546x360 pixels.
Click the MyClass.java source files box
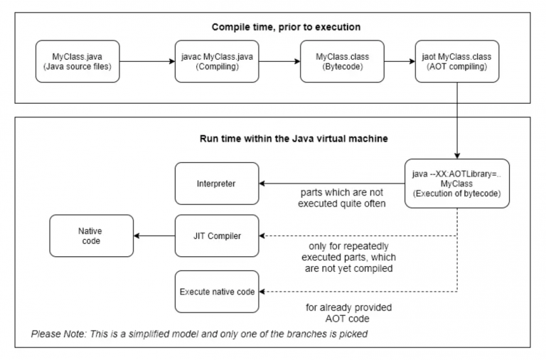point(78,61)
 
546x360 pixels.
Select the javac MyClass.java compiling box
point(218,61)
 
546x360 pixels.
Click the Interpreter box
point(218,184)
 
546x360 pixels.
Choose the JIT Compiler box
point(218,236)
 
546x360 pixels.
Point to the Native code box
point(91,236)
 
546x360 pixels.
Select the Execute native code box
point(218,291)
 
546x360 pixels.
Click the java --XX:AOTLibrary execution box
point(457,184)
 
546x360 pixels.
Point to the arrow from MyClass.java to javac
point(148,61)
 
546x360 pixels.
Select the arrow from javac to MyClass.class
point(279,61)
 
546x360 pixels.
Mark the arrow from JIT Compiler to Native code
point(154,236)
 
